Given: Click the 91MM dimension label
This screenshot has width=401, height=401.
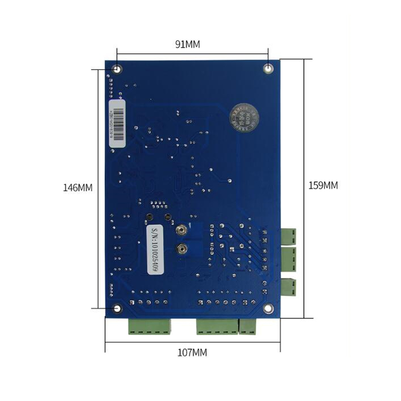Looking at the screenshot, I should click(187, 45).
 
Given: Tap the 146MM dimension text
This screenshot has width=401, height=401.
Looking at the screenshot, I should click(77, 188).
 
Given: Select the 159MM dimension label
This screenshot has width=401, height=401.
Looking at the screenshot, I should click(323, 185).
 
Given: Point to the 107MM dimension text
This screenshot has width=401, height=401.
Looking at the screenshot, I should click(192, 353).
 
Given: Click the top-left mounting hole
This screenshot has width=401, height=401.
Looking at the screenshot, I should click(117, 69).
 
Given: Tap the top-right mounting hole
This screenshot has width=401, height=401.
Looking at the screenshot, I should click(268, 69).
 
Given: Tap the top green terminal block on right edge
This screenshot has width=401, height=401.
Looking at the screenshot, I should click(288, 236).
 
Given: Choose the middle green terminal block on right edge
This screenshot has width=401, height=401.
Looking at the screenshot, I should click(288, 259).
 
